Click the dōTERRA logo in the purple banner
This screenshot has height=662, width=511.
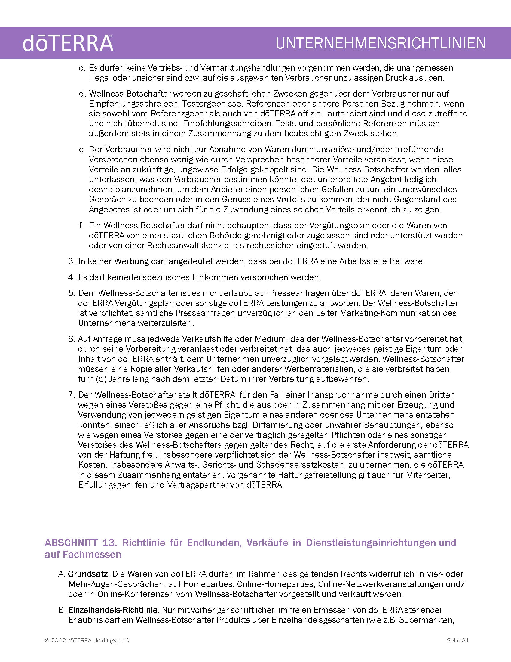[x=68, y=43]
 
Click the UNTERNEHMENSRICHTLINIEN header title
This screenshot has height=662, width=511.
[x=381, y=43]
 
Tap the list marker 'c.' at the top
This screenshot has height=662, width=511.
[x=82, y=68]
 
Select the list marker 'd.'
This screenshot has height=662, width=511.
[x=82, y=94]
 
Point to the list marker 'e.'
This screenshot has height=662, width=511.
[x=82, y=150]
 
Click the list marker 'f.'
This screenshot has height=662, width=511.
[x=81, y=225]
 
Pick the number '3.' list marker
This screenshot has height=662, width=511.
[x=72, y=261]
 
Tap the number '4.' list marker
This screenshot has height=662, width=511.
[x=72, y=277]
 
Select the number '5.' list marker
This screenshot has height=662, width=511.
[x=72, y=293]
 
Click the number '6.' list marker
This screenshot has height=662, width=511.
[x=72, y=339]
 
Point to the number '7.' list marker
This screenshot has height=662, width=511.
[x=72, y=395]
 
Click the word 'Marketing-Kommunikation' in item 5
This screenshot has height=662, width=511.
[x=390, y=313]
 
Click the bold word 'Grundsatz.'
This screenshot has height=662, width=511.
[x=89, y=574]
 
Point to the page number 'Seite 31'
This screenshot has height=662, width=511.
[x=458, y=640]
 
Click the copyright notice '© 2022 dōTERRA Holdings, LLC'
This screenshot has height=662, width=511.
[x=87, y=640]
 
